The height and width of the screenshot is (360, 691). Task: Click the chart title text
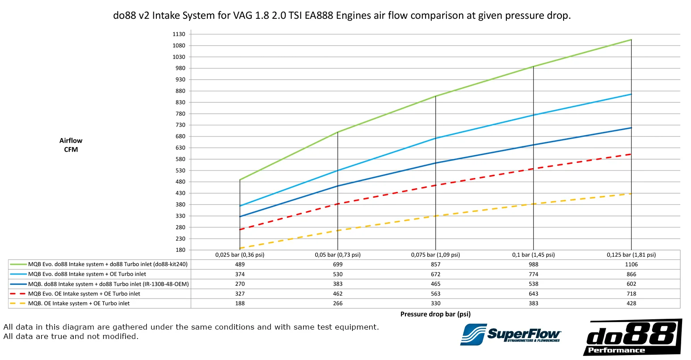tap(342, 16)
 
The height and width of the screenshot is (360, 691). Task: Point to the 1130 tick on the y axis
tap(179, 34)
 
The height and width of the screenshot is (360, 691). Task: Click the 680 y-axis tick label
tap(180, 136)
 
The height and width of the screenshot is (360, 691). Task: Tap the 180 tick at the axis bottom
tap(180, 250)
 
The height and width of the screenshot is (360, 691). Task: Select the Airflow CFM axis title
tap(71, 145)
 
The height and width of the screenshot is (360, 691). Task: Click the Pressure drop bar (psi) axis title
tap(435, 314)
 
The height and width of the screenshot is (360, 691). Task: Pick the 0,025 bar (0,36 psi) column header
tap(240, 255)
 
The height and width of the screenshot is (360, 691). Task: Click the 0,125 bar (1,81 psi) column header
tap(631, 255)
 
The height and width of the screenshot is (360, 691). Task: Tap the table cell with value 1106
tap(631, 264)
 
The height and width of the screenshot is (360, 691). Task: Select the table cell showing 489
tap(240, 264)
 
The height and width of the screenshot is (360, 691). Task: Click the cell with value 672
tap(435, 274)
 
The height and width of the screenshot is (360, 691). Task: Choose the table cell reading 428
tap(631, 303)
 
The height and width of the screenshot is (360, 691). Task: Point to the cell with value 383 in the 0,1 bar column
tap(533, 303)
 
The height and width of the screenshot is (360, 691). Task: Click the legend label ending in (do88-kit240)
tap(108, 264)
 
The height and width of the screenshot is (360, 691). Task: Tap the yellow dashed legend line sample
tap(18, 303)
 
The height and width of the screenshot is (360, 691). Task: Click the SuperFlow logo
tap(510, 335)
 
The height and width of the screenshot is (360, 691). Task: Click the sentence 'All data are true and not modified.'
tap(71, 336)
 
